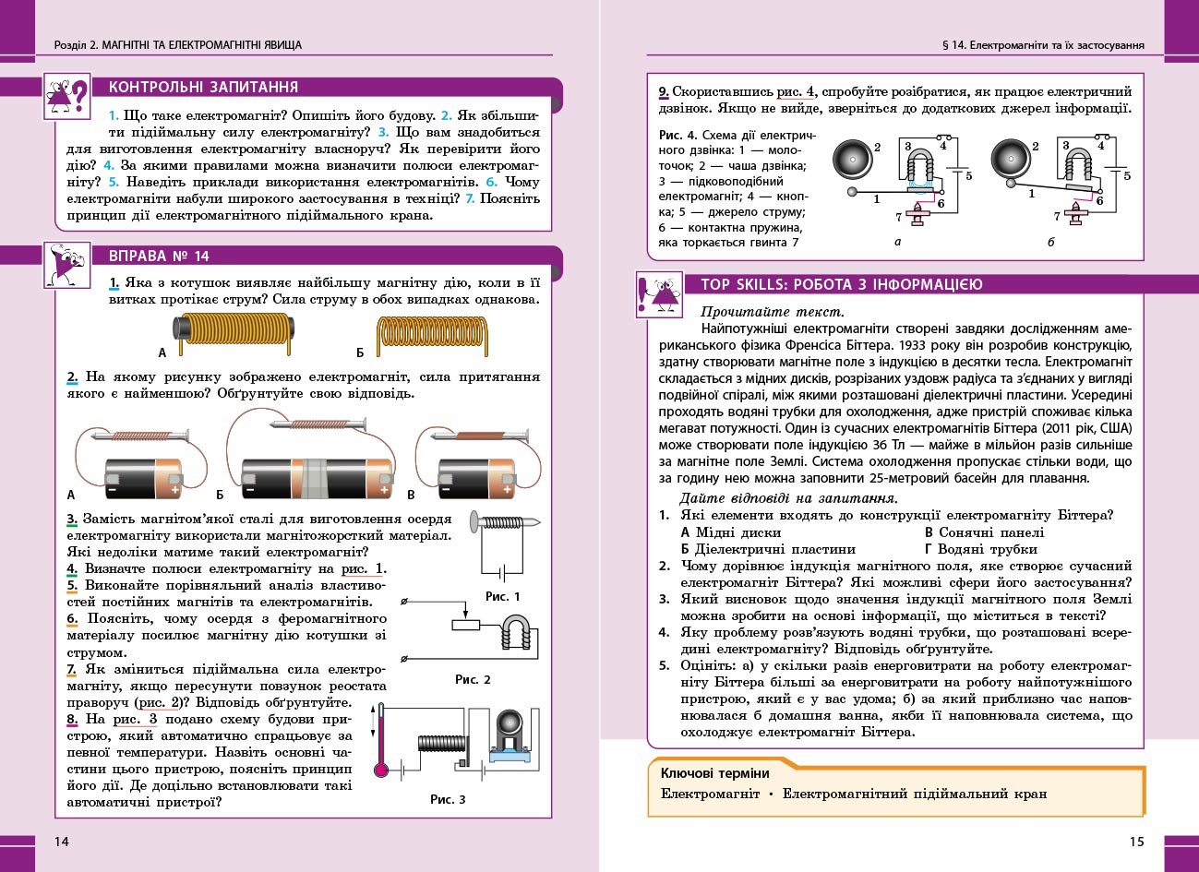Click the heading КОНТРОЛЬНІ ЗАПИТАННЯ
[203, 88]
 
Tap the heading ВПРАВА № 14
[159, 257]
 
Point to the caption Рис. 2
[473, 679]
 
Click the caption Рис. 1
[502, 596]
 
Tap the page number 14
[62, 841]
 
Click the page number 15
[1136, 841]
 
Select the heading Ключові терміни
[714, 773]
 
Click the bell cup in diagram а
[853, 161]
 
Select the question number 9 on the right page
[664, 92]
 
